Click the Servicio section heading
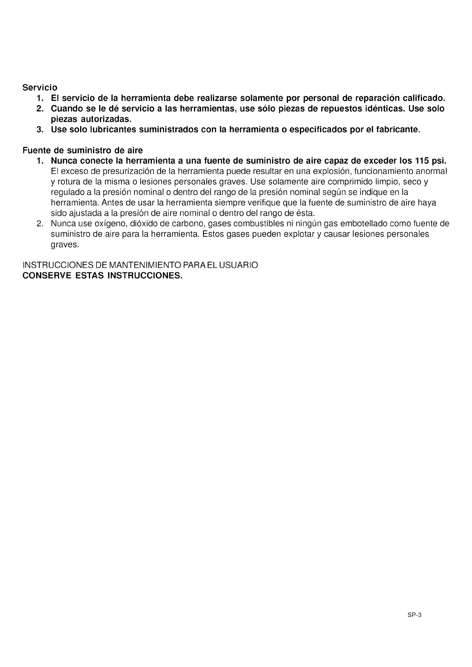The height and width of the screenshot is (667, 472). [40, 87]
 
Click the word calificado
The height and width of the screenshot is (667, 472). [424, 98]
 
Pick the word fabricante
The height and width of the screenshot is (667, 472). [397, 130]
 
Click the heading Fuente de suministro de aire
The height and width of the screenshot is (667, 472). [83, 151]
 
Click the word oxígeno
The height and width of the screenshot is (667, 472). [110, 224]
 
